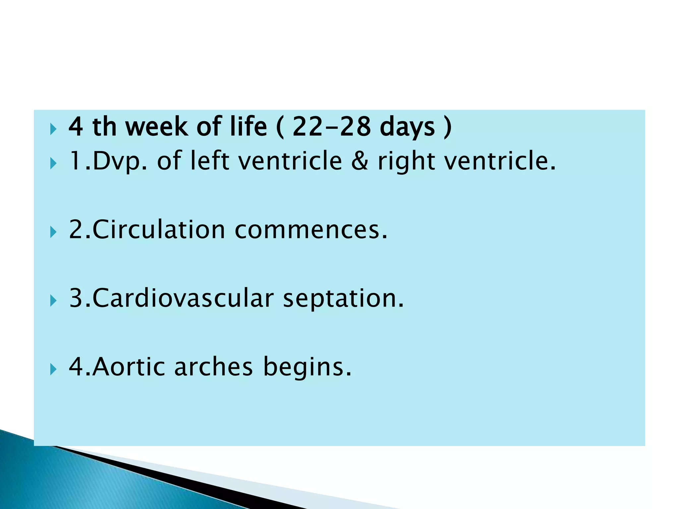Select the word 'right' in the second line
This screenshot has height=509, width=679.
pos(406,161)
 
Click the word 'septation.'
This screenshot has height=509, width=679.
pos(343,299)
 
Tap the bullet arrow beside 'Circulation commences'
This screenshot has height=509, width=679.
pos(53,232)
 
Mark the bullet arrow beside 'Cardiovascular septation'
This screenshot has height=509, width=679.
pos(53,301)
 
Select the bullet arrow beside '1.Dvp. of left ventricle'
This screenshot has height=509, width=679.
pos(53,163)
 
